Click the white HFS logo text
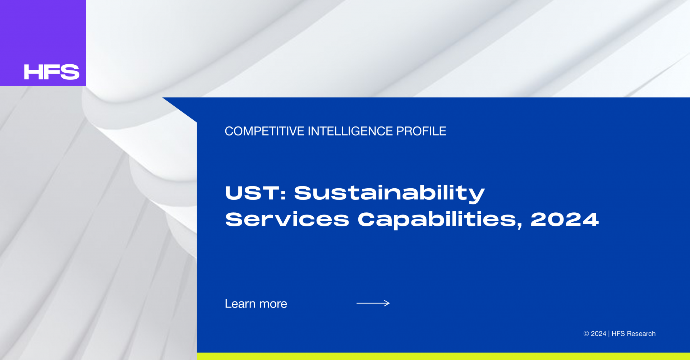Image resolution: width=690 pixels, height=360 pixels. coord(52,72)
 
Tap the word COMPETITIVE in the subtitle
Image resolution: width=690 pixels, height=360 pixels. coord(264,131)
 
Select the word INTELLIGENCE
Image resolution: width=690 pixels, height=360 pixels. coord(350,131)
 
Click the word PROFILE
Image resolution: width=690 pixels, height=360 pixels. coord(421,131)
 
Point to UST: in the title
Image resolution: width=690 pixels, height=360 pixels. coord(256,193)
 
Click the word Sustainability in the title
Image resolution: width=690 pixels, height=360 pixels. coord(390,194)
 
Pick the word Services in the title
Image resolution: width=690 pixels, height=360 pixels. coord(287,219)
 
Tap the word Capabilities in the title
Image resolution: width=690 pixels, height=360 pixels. coord(440,220)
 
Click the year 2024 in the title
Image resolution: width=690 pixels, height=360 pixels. coord(565,220)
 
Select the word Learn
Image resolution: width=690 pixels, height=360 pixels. coord(240,304)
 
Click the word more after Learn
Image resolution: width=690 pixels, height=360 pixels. coord(273,305)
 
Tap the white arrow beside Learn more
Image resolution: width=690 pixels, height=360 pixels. coord(373,303)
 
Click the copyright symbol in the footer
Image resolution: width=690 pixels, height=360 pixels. coord(586,334)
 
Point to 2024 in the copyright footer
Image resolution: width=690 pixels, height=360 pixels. coord(598,334)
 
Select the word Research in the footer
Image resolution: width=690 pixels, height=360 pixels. coord(641,334)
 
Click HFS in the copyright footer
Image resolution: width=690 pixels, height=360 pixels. coord(618,334)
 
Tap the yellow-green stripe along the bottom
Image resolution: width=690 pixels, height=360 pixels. coord(443,356)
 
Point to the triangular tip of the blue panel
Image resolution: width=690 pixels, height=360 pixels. coord(163,98)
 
